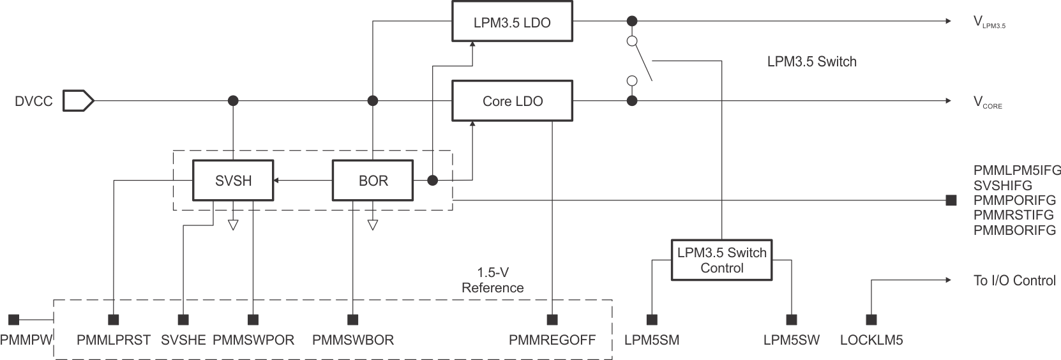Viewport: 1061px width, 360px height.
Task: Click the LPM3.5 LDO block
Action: (x=512, y=22)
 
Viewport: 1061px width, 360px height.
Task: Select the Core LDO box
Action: (x=512, y=101)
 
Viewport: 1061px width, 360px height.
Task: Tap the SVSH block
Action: (x=233, y=181)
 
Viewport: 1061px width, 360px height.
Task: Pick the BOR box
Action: (x=373, y=181)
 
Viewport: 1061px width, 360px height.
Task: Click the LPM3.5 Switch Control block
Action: (x=721, y=260)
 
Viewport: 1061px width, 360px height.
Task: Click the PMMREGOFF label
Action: (x=552, y=340)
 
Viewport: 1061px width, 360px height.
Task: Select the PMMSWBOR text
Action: (x=352, y=340)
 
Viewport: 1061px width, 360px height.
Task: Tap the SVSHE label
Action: (x=183, y=340)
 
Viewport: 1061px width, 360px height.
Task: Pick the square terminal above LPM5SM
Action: (x=652, y=319)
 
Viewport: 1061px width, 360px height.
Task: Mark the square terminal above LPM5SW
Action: (x=792, y=319)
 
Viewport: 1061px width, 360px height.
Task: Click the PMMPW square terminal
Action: (x=13, y=319)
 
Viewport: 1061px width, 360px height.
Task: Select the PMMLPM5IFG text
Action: (x=1017, y=170)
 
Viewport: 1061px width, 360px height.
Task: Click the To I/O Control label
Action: (x=1014, y=280)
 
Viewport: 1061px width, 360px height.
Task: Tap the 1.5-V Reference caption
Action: (x=492, y=280)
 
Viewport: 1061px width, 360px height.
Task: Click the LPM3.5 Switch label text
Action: (x=811, y=62)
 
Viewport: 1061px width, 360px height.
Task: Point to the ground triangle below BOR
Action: (x=373, y=225)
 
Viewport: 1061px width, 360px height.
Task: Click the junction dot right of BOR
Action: (x=432, y=181)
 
